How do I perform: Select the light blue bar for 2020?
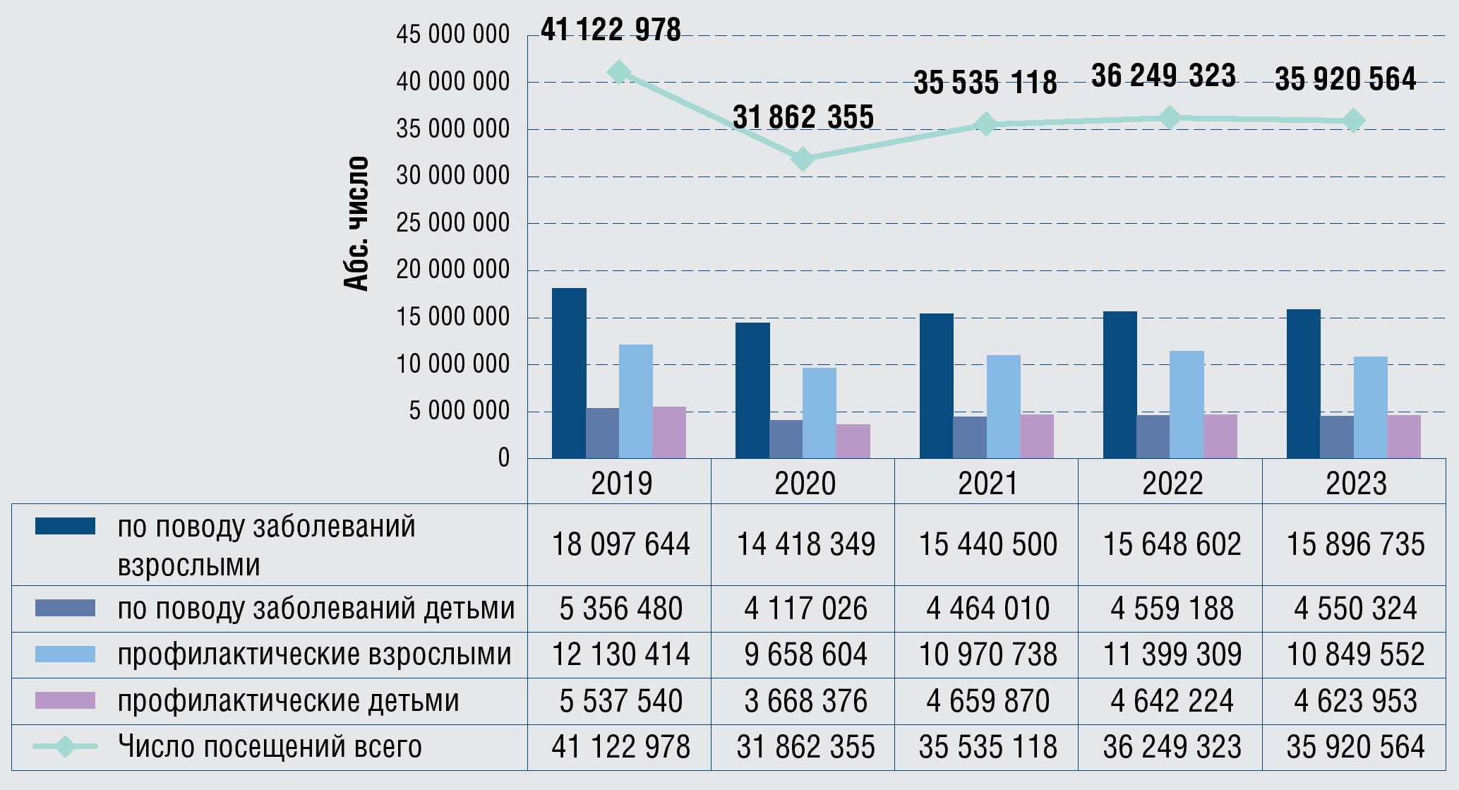pyautogui.click(x=819, y=413)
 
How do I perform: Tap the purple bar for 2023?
pyautogui.click(x=1404, y=436)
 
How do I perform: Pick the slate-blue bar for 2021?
pyautogui.click(x=970, y=437)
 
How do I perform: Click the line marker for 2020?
pyautogui.click(x=803, y=160)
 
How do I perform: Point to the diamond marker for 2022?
pyautogui.click(x=1170, y=117)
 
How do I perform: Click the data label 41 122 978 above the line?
pyautogui.click(x=611, y=30)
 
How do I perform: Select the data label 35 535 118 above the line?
pyautogui.click(x=985, y=83)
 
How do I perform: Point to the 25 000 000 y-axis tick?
pyautogui.click(x=452, y=223)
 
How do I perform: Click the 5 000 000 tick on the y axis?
pyautogui.click(x=459, y=411)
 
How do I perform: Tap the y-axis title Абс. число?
pyautogui.click(x=356, y=223)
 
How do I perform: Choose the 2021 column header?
pyautogui.click(x=987, y=484)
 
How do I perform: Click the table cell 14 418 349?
pyautogui.click(x=805, y=544)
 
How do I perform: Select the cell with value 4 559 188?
pyautogui.click(x=1172, y=609)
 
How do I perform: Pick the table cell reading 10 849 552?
pyautogui.click(x=1355, y=654)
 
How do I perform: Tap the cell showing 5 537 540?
pyautogui.click(x=620, y=701)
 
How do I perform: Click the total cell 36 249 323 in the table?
pyautogui.click(x=1172, y=747)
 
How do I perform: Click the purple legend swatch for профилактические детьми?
pyautogui.click(x=65, y=700)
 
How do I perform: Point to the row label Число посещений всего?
pyautogui.click(x=270, y=747)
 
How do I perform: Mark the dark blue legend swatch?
pyautogui.click(x=65, y=526)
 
